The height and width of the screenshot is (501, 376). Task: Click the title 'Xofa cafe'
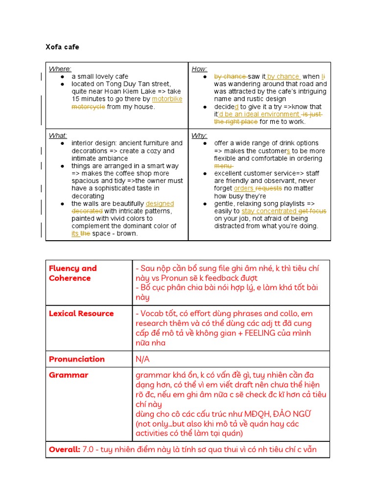click(62, 47)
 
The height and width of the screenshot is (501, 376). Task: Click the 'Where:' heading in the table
click(60, 69)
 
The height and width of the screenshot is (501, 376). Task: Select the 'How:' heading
click(199, 69)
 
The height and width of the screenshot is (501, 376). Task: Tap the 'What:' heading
click(58, 136)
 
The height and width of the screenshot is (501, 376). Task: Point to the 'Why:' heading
click(199, 136)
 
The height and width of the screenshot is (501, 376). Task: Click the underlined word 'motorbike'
click(167, 99)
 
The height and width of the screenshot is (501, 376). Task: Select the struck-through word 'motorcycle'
click(88, 107)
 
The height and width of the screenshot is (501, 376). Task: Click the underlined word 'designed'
click(160, 204)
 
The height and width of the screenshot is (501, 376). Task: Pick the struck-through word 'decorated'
click(87, 211)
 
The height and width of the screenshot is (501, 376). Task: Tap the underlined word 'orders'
click(243, 188)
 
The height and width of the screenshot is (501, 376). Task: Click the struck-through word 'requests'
click(268, 188)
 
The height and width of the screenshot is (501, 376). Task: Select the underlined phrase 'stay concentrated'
click(269, 211)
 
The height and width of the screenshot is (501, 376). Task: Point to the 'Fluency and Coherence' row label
click(72, 273)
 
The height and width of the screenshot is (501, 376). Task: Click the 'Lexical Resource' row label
click(81, 314)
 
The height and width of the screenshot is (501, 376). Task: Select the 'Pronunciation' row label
click(77, 359)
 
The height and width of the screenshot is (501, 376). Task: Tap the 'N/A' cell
click(142, 359)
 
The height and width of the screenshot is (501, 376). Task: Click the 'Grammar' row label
click(69, 375)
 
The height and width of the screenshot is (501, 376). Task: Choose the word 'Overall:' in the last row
click(65, 450)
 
